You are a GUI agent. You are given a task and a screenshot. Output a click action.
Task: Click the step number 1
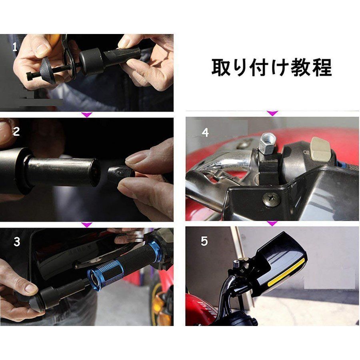[x=15, y=47]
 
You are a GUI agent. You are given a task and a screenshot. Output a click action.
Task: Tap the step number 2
[x=16, y=132]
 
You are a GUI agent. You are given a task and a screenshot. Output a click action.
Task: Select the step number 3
[x=17, y=242]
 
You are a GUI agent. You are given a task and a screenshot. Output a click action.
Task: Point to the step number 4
[x=205, y=132]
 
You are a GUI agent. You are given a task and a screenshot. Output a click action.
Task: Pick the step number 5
[x=204, y=241]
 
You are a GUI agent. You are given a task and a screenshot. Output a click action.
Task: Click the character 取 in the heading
[x=221, y=67]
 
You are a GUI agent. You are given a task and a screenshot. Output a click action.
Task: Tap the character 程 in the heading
[x=322, y=67]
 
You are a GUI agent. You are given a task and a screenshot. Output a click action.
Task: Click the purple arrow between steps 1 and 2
[x=87, y=114]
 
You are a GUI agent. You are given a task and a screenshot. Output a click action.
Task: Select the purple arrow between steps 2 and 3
[x=87, y=224]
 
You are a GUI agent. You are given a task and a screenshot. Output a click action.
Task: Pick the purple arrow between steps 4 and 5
[x=272, y=223]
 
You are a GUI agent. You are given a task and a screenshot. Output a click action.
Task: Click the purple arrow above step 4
[x=272, y=113]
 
